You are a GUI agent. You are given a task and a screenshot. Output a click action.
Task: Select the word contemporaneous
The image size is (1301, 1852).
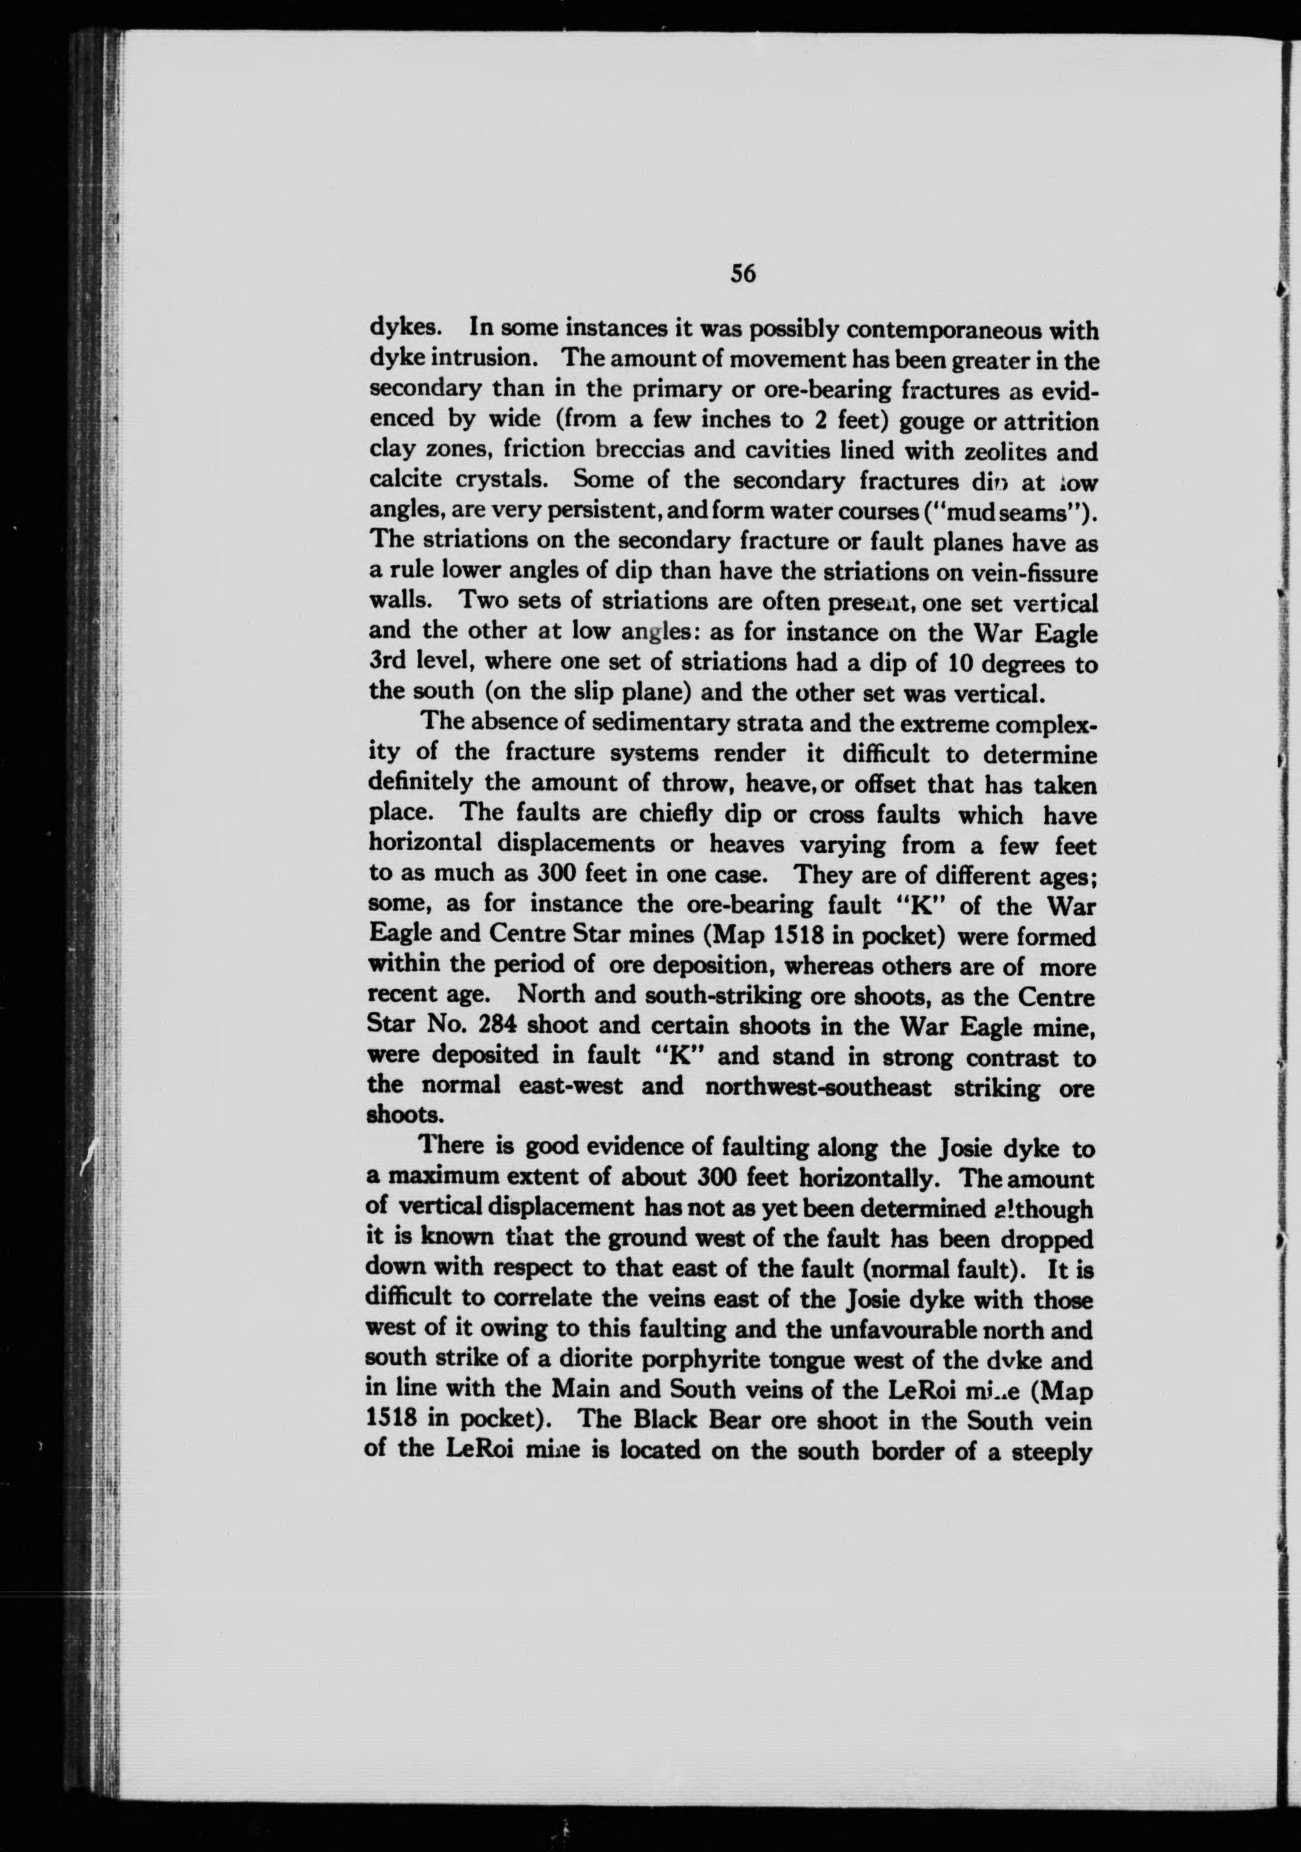click(x=937, y=331)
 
